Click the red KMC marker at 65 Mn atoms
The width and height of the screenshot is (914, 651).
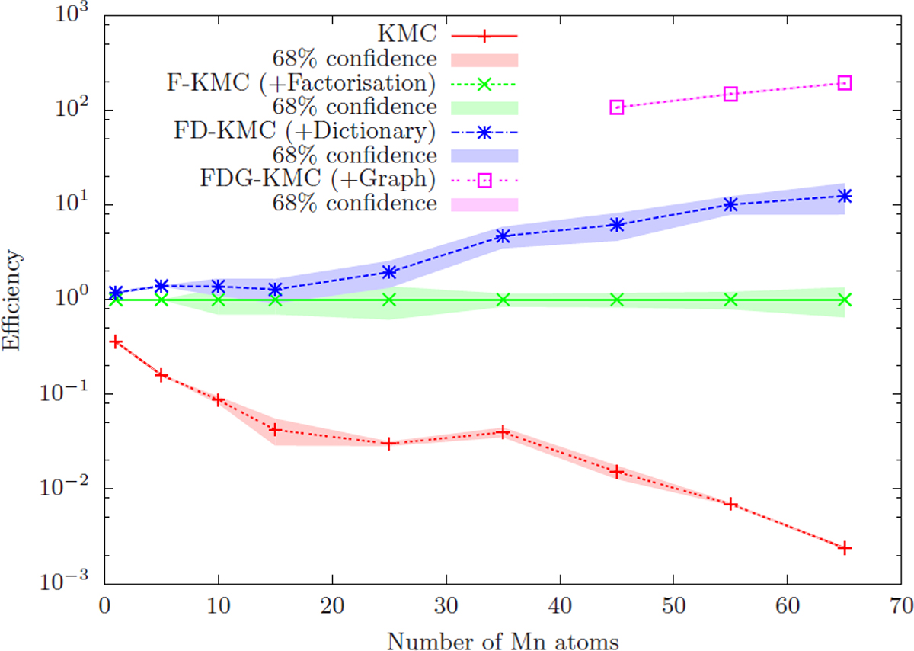[x=845, y=548]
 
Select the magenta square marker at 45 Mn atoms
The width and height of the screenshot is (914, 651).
[x=617, y=107]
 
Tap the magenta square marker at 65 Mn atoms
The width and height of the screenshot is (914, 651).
[x=845, y=82]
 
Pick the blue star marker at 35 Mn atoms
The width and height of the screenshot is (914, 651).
[x=503, y=236]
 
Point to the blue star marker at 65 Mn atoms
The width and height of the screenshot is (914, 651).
[x=845, y=196]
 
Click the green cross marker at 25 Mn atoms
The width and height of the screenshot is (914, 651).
[x=389, y=300]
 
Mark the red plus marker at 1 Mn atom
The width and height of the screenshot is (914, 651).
[x=116, y=342]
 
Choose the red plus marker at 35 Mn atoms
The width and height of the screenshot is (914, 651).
[x=503, y=432]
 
